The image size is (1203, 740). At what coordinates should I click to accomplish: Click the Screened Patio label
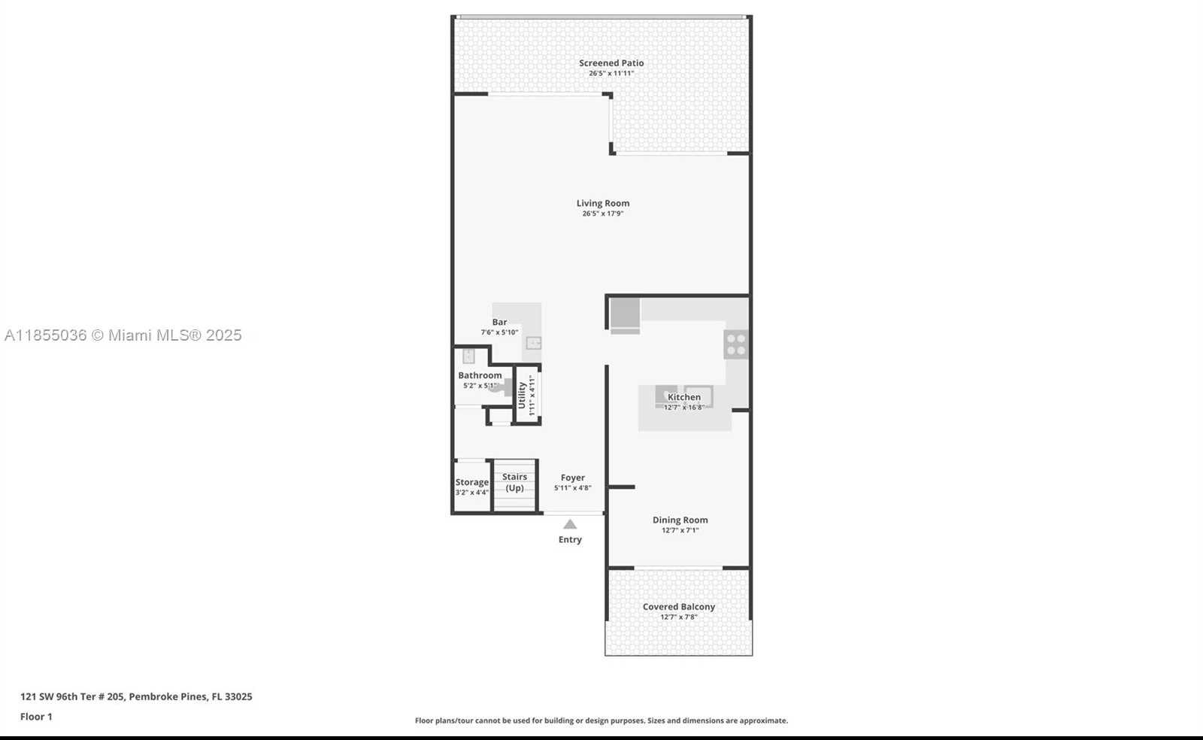(611, 63)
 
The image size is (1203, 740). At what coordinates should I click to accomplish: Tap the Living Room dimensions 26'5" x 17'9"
(602, 214)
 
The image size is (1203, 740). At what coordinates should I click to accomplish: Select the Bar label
(499, 322)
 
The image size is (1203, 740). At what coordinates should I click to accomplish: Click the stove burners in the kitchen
(736, 344)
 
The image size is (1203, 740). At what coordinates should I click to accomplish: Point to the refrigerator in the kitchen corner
(625, 314)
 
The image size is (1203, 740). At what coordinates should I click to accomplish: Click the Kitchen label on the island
(683, 397)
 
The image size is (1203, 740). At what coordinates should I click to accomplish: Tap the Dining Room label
(680, 520)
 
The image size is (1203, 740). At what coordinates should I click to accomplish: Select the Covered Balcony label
(678, 607)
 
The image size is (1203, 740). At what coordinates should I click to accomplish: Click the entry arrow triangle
(570, 524)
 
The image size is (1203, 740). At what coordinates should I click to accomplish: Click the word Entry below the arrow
(570, 539)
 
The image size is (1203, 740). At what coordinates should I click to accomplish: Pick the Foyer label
(572, 478)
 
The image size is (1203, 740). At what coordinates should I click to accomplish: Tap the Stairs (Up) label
(514, 482)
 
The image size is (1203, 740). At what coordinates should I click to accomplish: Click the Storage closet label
(471, 482)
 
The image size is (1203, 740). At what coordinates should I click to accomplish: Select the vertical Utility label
(522, 396)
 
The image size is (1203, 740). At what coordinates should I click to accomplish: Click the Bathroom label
(480, 375)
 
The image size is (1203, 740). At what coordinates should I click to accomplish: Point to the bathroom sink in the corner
(468, 356)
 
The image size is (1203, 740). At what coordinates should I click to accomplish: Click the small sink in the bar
(533, 343)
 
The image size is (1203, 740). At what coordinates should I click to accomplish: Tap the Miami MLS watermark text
(123, 335)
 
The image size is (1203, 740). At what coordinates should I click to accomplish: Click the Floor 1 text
(36, 717)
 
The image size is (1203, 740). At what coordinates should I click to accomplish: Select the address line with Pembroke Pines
(136, 696)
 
